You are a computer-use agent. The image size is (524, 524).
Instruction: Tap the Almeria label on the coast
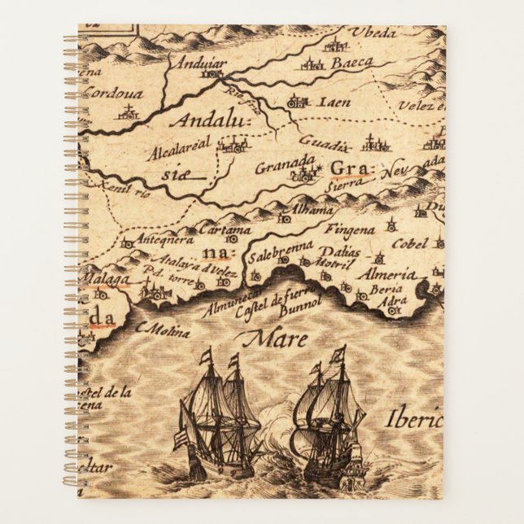[391, 274]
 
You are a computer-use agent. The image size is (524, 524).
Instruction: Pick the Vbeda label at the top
[373, 33]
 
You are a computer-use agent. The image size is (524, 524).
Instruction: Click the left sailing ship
[217, 416]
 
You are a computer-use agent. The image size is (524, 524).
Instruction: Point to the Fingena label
[354, 230]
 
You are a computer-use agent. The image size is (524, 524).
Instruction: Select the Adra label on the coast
[394, 301]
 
